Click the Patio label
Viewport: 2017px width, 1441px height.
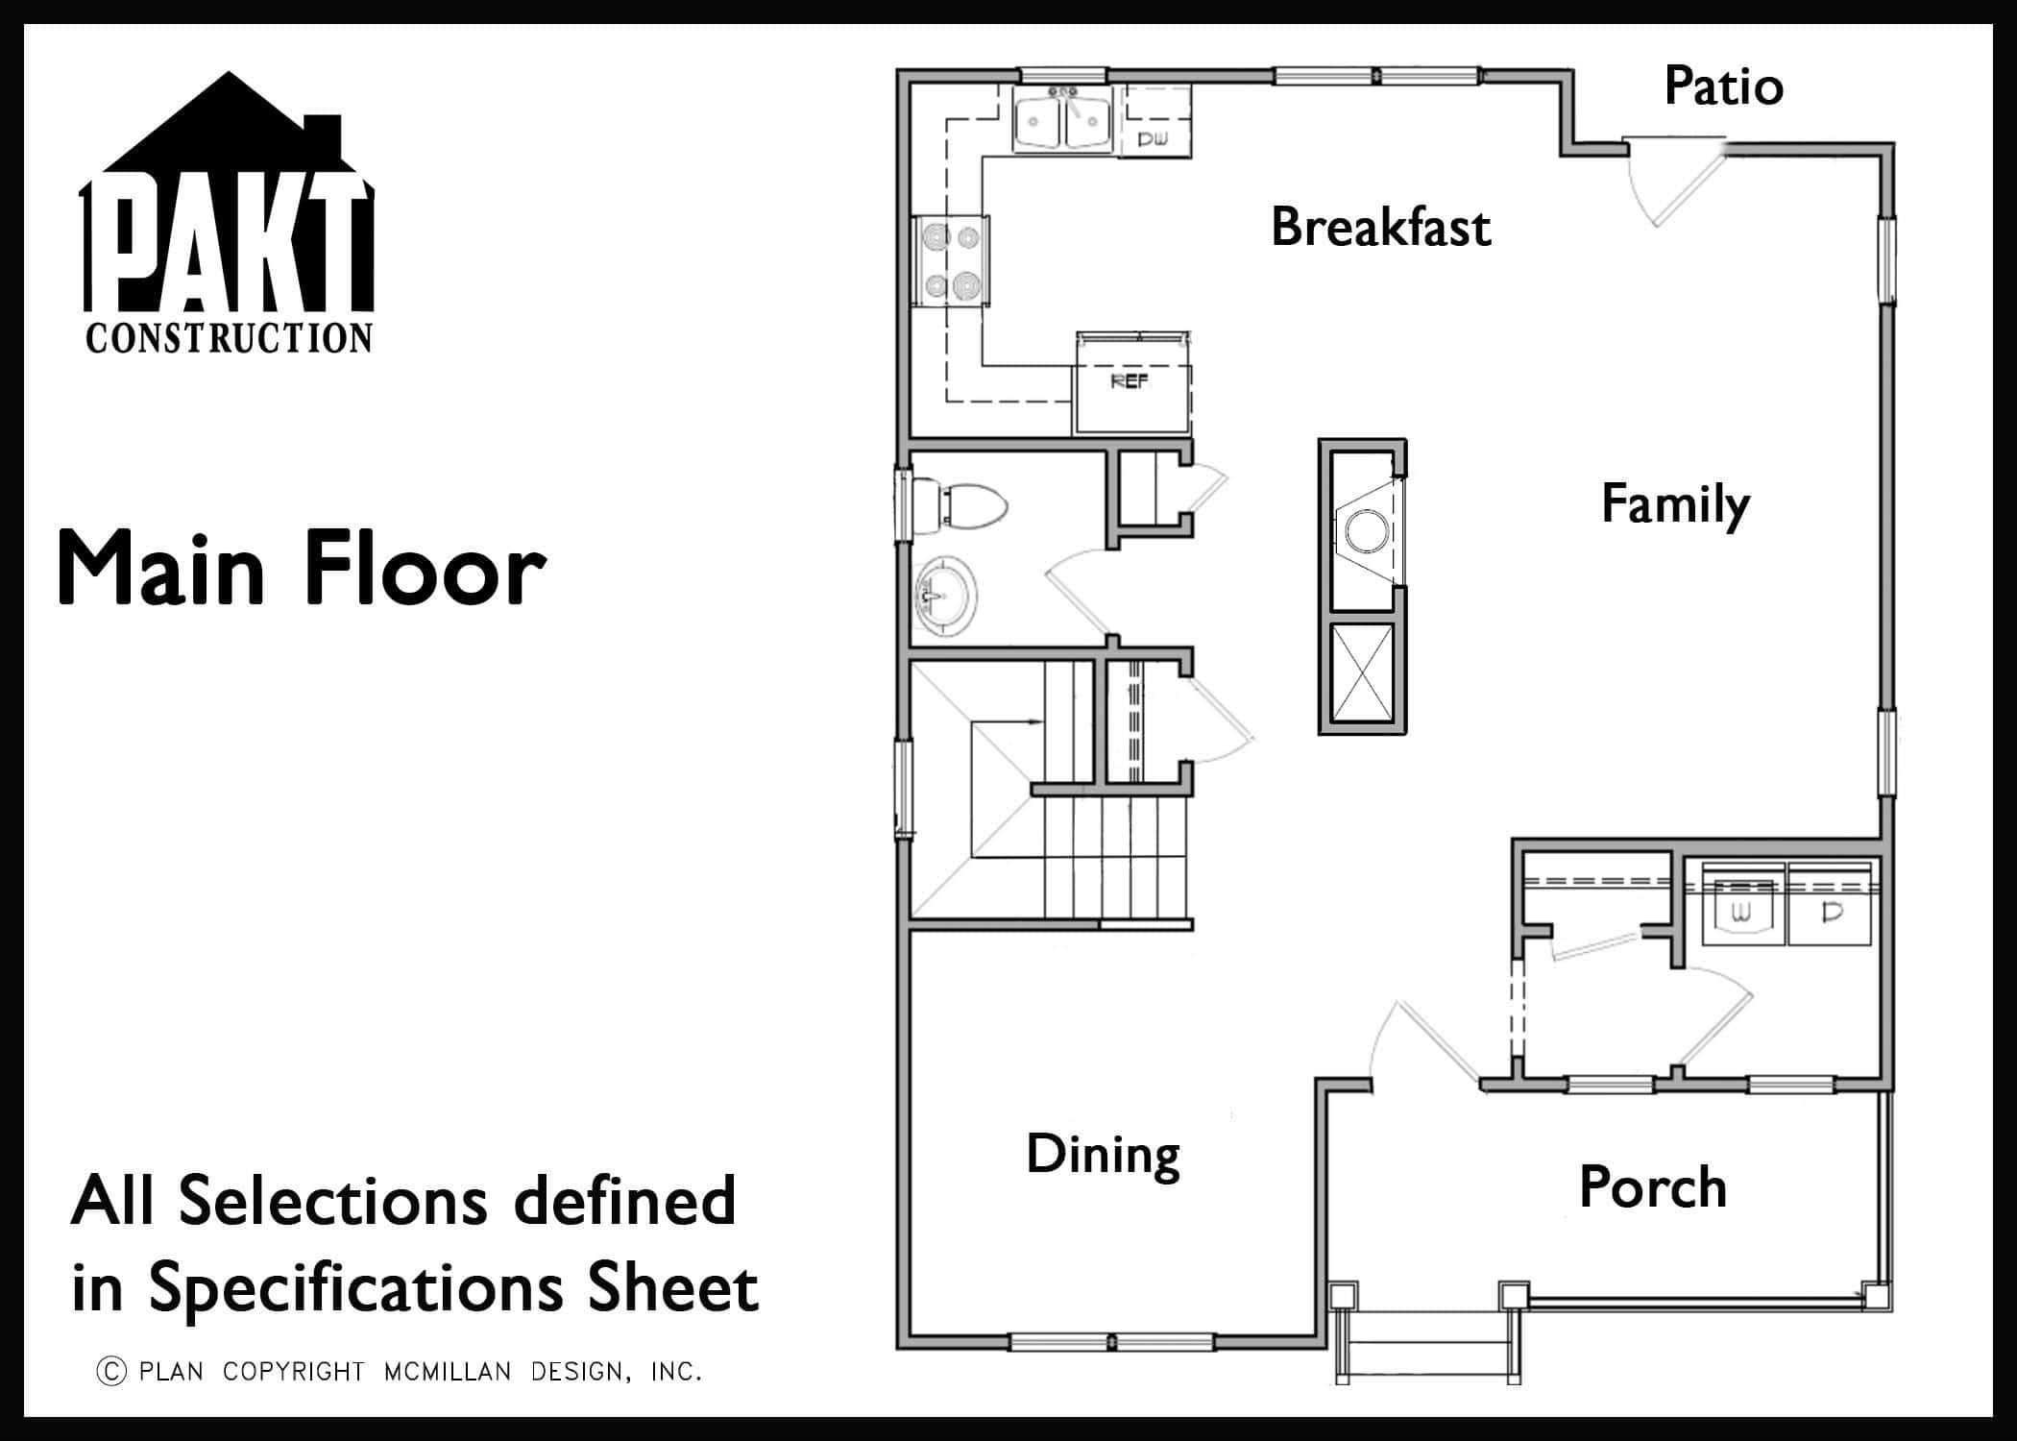pyautogui.click(x=1724, y=86)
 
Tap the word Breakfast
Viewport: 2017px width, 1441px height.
pyautogui.click(x=1381, y=228)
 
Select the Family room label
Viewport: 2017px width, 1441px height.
pyautogui.click(x=1675, y=505)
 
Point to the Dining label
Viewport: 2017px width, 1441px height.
pyautogui.click(x=1103, y=1156)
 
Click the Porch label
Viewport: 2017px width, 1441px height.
pyautogui.click(x=1653, y=1187)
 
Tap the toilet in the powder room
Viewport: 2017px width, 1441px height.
pyautogui.click(x=959, y=506)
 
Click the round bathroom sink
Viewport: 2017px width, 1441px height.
pyautogui.click(x=945, y=598)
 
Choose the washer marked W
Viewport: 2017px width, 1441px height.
pyautogui.click(x=1744, y=905)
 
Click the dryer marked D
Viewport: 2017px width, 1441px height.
pyautogui.click(x=1830, y=905)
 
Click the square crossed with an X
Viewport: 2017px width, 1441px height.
pyautogui.click(x=1362, y=672)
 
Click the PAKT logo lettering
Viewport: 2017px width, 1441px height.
pyautogui.click(x=227, y=245)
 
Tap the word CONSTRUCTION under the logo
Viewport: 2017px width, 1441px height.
pyautogui.click(x=229, y=338)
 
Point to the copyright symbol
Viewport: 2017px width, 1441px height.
pyautogui.click(x=111, y=1371)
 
